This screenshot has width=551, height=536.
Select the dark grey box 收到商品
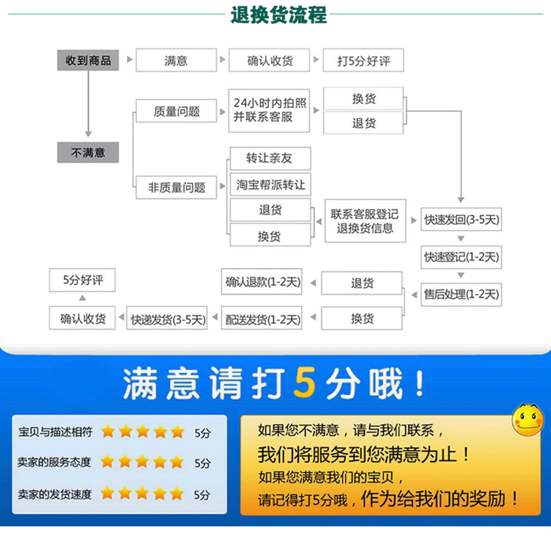click(x=88, y=60)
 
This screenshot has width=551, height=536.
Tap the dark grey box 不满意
click(x=88, y=153)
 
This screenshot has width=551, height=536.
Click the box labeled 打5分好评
click(x=364, y=61)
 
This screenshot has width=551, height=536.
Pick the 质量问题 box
click(x=176, y=112)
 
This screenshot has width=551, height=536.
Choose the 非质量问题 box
click(x=176, y=187)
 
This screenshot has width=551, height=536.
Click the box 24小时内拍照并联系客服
click(x=270, y=110)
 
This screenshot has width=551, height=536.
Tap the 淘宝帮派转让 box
click(x=270, y=184)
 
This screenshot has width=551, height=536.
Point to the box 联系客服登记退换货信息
click(x=365, y=221)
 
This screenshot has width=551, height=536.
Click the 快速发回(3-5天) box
click(x=461, y=219)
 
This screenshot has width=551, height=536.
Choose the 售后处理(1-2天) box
click(x=461, y=294)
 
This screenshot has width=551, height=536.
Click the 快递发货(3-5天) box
click(x=168, y=319)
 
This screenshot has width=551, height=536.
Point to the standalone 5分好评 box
click(x=82, y=280)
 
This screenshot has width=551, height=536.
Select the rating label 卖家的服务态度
click(x=55, y=462)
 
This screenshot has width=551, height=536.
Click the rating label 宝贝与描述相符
click(x=55, y=432)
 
